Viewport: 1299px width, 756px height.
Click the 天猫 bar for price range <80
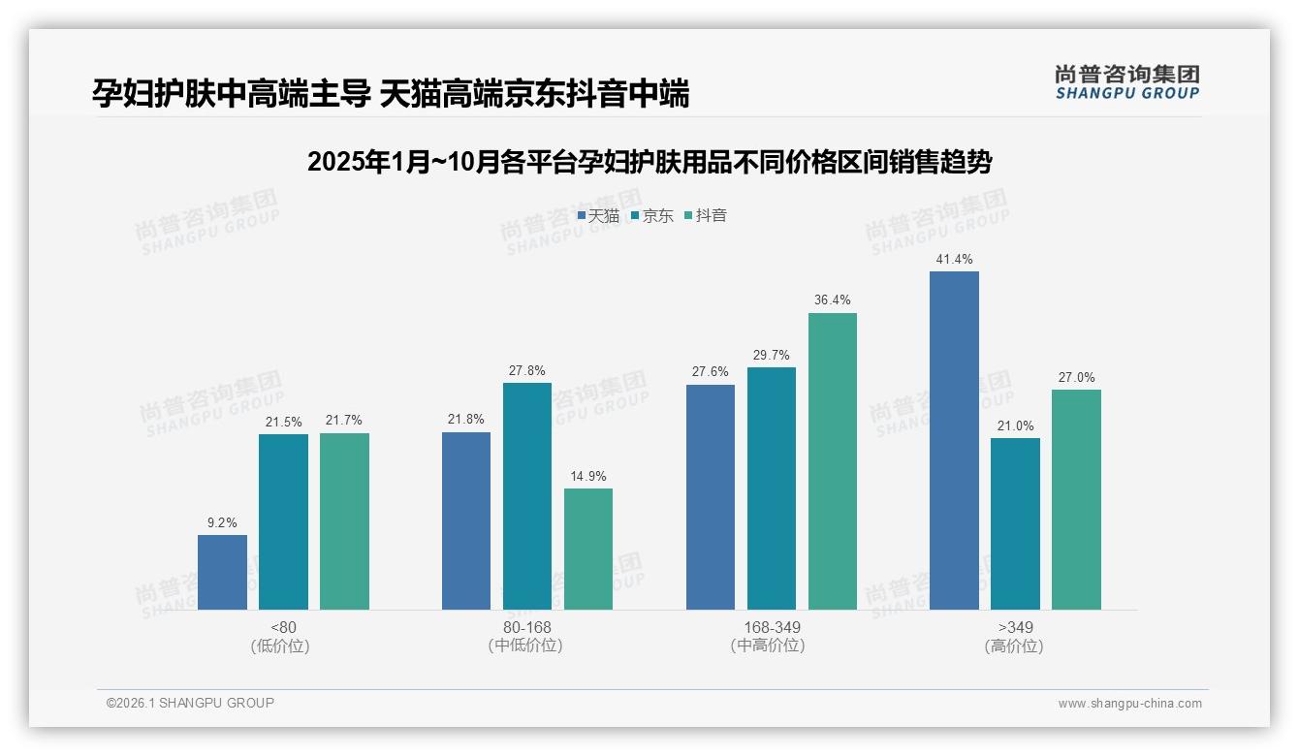[x=222, y=572]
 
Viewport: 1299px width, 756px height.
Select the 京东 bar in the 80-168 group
[x=526, y=496]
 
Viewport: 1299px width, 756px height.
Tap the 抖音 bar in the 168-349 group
[x=832, y=461]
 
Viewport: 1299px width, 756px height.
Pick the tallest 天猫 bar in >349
[x=954, y=440]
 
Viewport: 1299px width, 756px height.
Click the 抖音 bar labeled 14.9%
[x=588, y=549]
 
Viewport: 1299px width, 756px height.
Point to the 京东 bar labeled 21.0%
[x=1015, y=523]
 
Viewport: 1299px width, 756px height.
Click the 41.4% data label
[x=954, y=260]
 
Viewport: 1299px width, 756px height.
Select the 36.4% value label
[x=833, y=300]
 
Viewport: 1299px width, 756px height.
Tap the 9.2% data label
[x=222, y=523]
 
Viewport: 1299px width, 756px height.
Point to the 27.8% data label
[x=526, y=370]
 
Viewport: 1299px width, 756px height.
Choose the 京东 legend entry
[x=651, y=216]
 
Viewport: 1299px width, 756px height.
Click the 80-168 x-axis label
[x=526, y=627]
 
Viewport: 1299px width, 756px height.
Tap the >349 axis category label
[x=1015, y=627]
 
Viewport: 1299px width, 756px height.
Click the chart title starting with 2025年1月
[x=649, y=162]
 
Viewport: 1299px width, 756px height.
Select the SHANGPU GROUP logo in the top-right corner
[x=1126, y=82]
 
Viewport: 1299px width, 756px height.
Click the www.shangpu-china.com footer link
[x=1129, y=704]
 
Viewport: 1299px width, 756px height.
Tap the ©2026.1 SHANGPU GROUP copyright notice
[x=190, y=703]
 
